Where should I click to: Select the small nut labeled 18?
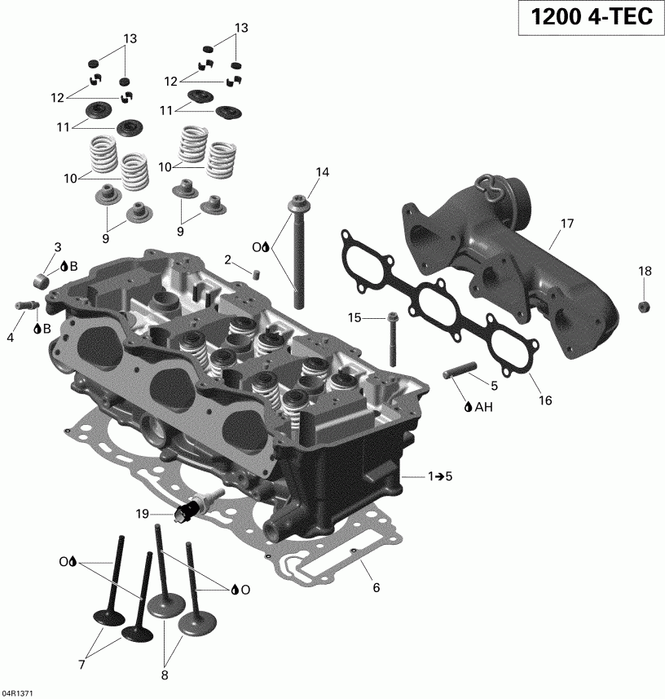point(643,306)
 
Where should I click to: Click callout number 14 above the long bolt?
point(323,172)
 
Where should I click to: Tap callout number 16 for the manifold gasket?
point(545,400)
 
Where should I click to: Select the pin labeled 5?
point(458,371)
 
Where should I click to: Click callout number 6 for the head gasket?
point(376,587)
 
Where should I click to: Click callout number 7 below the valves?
point(81,665)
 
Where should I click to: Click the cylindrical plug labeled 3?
point(41,282)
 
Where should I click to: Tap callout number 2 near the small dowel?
point(228,260)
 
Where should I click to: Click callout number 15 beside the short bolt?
point(355,317)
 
